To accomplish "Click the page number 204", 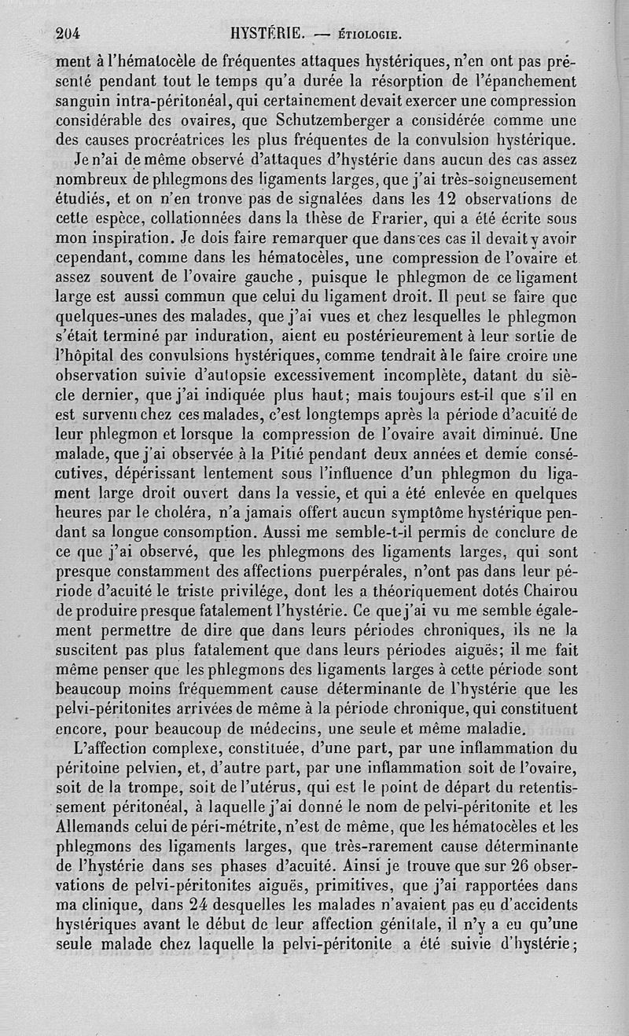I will point(69,34).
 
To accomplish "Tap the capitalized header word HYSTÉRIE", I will point(267,34).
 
